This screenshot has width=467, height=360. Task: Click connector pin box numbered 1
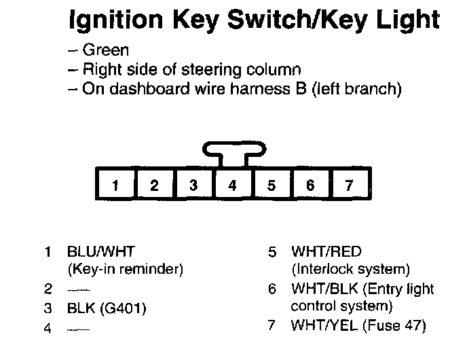click(x=116, y=185)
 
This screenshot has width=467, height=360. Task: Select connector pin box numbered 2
click(x=155, y=185)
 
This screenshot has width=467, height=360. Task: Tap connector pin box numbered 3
click(x=193, y=185)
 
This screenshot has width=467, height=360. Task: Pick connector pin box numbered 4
click(x=233, y=185)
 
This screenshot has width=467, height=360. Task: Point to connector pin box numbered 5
click(x=272, y=185)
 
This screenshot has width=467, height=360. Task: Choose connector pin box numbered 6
click(x=310, y=185)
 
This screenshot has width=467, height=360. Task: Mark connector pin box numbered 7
click(x=350, y=185)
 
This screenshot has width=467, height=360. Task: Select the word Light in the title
click(x=406, y=21)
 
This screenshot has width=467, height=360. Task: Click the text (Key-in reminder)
click(x=126, y=269)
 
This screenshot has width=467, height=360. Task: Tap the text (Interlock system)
click(x=350, y=269)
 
